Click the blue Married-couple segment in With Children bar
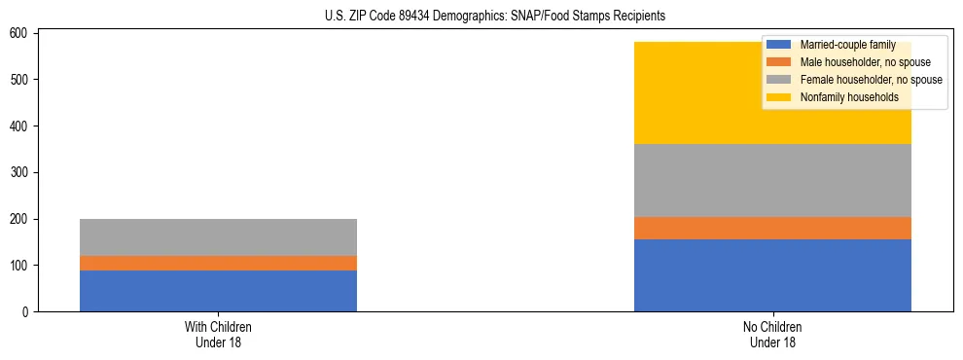coord(218,291)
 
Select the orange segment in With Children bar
coord(218,263)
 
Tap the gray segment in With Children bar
coord(218,237)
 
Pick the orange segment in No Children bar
coord(772,228)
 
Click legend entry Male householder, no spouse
coord(852,62)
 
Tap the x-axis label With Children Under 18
coord(218,334)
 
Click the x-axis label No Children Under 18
coord(772,334)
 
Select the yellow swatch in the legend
coord(779,97)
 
